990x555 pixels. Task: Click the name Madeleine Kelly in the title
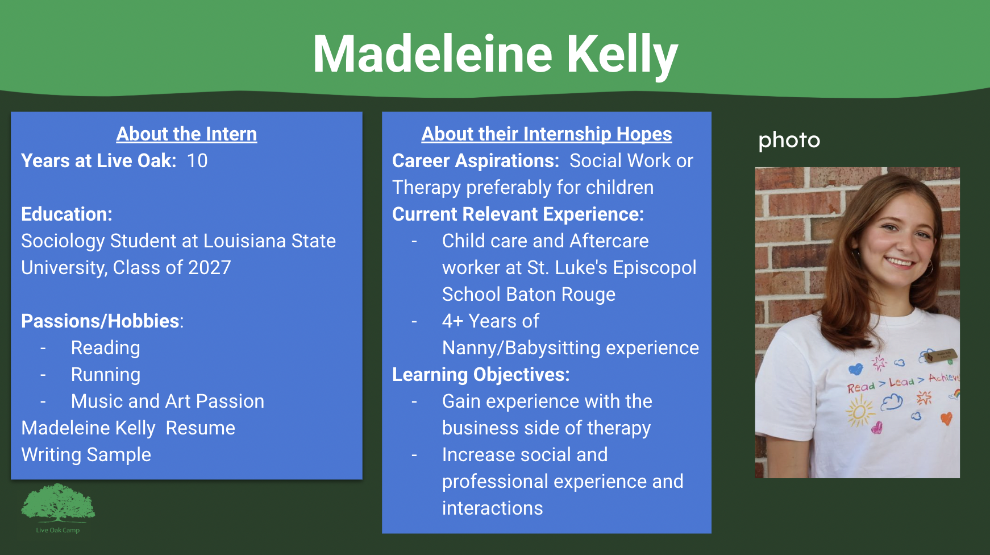click(x=495, y=54)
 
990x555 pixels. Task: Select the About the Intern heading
click(x=186, y=134)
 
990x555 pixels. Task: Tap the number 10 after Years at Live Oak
click(x=197, y=161)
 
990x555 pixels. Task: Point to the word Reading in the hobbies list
click(x=105, y=348)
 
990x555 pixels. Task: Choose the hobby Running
click(x=105, y=375)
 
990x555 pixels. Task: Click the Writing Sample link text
click(x=86, y=455)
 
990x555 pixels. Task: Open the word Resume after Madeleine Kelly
click(x=200, y=428)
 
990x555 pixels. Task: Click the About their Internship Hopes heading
click(x=546, y=134)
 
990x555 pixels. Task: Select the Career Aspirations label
click(x=475, y=161)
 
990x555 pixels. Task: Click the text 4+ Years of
click(x=490, y=321)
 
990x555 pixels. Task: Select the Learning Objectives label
click(x=481, y=375)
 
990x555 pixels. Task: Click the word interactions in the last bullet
click(x=492, y=508)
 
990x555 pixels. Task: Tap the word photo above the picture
click(x=789, y=140)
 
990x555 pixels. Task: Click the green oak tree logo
click(x=57, y=503)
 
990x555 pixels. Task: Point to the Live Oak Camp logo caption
click(x=57, y=530)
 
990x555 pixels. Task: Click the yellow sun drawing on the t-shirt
click(x=859, y=411)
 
